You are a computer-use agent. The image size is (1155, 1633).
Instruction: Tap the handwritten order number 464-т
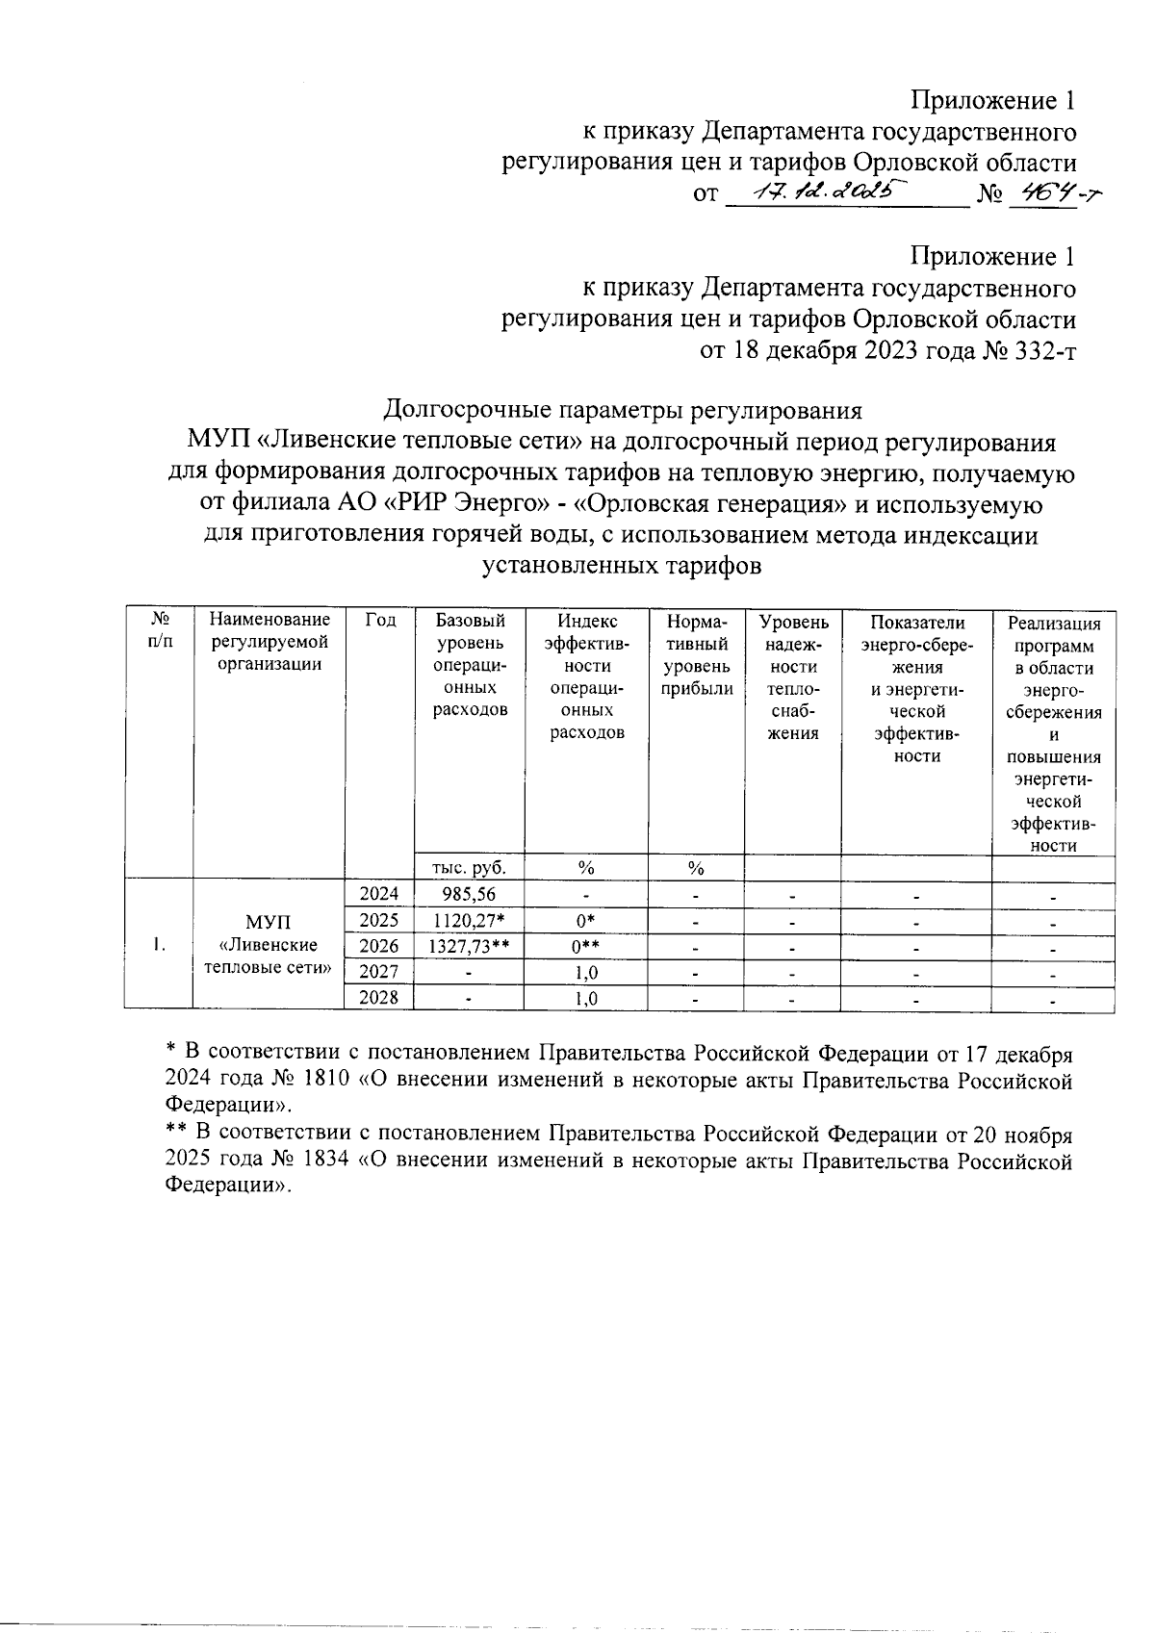click(1054, 193)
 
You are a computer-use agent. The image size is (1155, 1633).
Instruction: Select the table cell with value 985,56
click(468, 894)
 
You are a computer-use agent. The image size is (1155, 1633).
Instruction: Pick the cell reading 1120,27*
click(468, 921)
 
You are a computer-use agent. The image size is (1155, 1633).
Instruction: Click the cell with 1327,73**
click(468, 947)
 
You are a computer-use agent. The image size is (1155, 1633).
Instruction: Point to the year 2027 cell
click(378, 972)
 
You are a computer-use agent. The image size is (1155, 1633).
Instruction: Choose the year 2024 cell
click(378, 894)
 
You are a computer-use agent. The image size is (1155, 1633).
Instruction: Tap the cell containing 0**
click(585, 947)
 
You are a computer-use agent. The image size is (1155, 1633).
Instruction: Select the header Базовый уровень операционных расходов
click(468, 665)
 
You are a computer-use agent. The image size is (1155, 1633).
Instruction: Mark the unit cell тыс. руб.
click(468, 867)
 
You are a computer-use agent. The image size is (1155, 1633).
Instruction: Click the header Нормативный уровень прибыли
click(696, 654)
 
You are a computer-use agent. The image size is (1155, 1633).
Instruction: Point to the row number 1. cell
click(157, 946)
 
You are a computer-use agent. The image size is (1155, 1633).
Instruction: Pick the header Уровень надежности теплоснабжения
click(792, 676)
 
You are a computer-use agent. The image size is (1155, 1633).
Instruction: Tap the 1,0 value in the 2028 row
click(585, 998)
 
